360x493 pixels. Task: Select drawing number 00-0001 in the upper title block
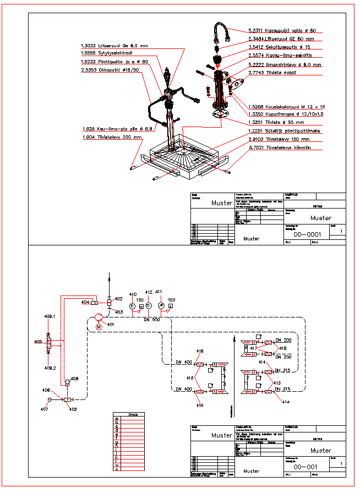click(x=308, y=234)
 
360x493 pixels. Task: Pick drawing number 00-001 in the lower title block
click(x=306, y=467)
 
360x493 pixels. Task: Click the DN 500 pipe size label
click(x=151, y=320)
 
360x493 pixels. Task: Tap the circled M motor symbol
click(x=99, y=327)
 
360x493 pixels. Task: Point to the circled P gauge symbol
click(x=132, y=305)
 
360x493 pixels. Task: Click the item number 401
click(x=111, y=325)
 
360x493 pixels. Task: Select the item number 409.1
click(x=50, y=316)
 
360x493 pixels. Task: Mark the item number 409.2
click(x=50, y=368)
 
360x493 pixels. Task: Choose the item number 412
click(x=148, y=292)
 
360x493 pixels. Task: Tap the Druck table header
click(x=133, y=415)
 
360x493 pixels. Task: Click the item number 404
click(x=85, y=302)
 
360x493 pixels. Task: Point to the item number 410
click(x=133, y=294)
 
